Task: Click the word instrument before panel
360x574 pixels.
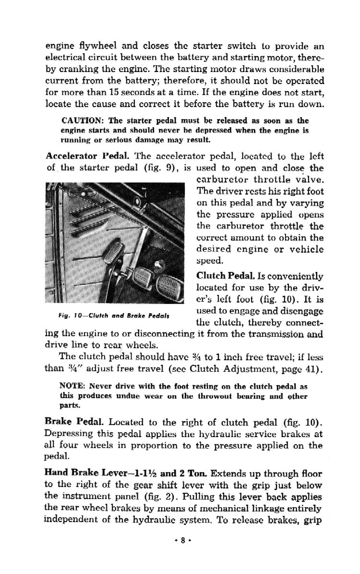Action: [84, 497]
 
